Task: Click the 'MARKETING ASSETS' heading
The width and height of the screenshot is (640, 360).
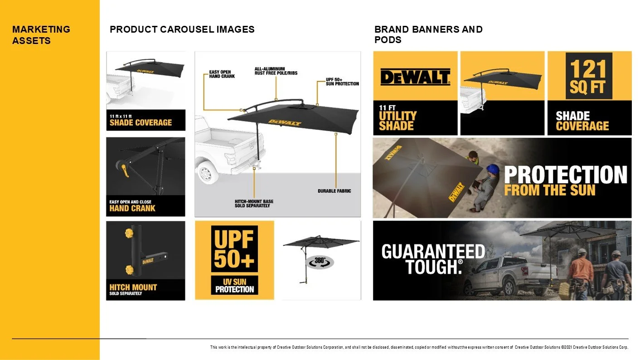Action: [x=41, y=35]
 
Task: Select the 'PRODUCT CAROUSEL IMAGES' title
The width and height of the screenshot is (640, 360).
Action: [x=182, y=29]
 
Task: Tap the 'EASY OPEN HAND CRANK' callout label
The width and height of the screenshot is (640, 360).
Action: [x=222, y=74]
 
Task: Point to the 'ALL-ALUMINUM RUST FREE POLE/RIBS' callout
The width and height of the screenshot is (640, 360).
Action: [x=276, y=71]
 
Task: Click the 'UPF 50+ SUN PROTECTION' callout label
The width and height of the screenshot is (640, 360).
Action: [x=342, y=82]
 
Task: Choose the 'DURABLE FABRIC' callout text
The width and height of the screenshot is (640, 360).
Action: [x=334, y=191]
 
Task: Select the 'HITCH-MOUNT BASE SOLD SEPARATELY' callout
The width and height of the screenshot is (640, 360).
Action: [x=254, y=203]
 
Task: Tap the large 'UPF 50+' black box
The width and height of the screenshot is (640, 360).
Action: [x=234, y=248]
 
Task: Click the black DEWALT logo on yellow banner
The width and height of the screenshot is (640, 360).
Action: [x=415, y=77]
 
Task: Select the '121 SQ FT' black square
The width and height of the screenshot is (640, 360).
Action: [x=589, y=76]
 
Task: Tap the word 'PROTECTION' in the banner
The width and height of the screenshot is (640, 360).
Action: [x=566, y=175]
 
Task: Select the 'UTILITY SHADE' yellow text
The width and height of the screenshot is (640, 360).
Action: [x=398, y=121]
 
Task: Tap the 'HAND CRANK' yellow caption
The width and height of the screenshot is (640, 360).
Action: [x=132, y=209]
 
